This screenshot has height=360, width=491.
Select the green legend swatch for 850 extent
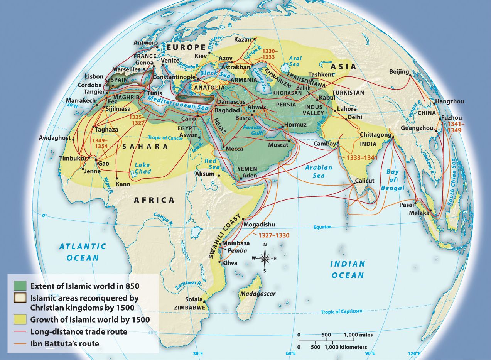(x=20, y=286)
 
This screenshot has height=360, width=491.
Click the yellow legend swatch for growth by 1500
(x=20, y=319)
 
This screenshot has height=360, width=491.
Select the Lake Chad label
(x=142, y=168)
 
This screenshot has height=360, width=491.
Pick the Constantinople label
(x=174, y=77)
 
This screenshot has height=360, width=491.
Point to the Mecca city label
(x=234, y=149)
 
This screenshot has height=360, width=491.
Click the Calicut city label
(x=364, y=181)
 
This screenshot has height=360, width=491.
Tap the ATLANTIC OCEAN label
(x=82, y=252)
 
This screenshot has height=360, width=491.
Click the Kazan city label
(x=243, y=40)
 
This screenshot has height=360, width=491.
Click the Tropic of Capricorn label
(x=341, y=311)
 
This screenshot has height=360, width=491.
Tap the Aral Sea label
(x=296, y=61)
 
